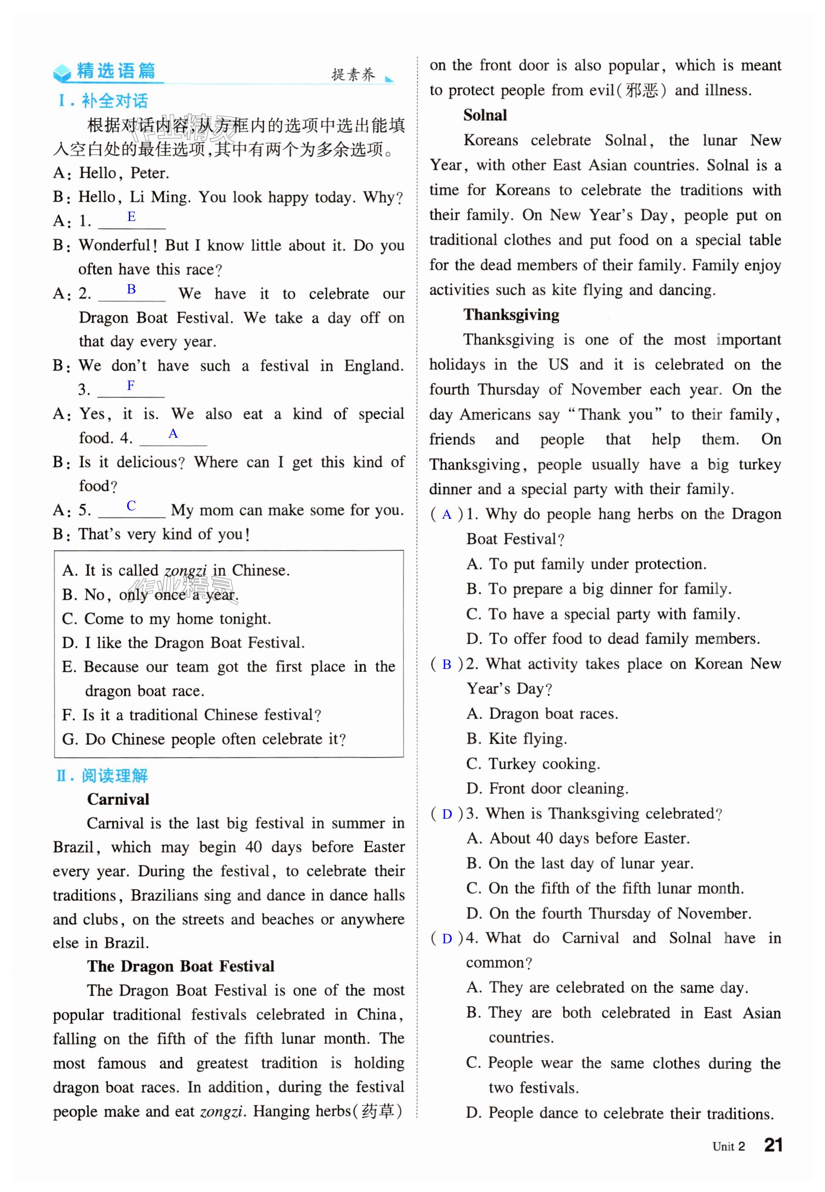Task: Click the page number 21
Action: pos(773,1145)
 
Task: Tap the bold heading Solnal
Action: pos(485,115)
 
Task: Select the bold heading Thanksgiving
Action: pos(511,314)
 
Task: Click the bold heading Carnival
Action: pos(118,799)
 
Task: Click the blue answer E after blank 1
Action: pos(131,217)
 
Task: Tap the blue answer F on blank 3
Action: pos(131,385)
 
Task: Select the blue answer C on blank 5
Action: pos(131,506)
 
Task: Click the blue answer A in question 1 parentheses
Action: pos(447,515)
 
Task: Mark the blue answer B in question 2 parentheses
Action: pos(447,664)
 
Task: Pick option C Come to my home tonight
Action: pos(166,619)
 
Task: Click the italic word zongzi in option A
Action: pos(185,571)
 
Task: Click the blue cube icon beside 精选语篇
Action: pos(63,73)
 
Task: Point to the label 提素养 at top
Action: pos(353,75)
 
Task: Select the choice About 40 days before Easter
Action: pos(578,838)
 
